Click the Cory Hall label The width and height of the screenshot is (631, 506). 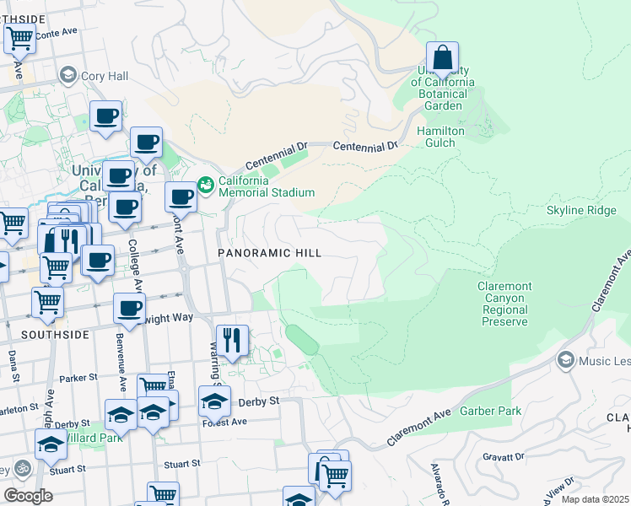point(104,76)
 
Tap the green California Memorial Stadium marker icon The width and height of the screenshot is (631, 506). point(205,183)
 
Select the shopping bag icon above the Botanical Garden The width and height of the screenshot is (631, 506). point(442,58)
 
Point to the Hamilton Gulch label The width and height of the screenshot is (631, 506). point(441,137)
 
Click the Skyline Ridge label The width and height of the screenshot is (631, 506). point(581,210)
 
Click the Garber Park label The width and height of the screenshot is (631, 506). point(490,411)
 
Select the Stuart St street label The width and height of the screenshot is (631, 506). point(182,463)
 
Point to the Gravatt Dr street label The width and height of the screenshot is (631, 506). point(504,456)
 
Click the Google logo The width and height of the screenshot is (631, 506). point(28,496)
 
